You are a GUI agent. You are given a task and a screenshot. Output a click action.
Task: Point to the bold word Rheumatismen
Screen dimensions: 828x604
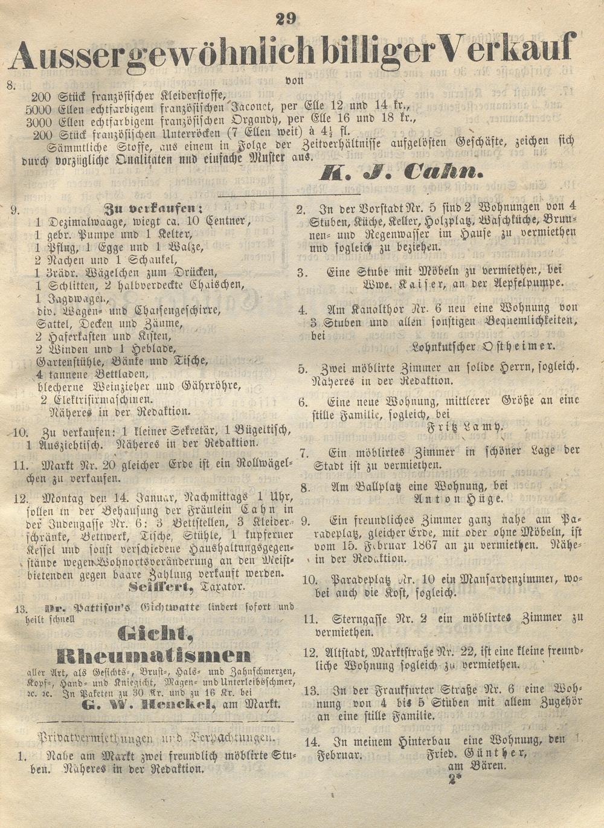(153, 656)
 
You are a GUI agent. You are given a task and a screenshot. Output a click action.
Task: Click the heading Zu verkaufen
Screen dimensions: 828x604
(153, 208)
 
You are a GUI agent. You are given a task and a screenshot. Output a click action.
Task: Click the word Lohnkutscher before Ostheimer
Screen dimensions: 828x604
(442, 347)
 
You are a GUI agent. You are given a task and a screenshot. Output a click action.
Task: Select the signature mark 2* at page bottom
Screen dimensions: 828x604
(454, 779)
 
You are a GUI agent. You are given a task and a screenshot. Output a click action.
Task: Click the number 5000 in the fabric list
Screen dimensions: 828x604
(39, 109)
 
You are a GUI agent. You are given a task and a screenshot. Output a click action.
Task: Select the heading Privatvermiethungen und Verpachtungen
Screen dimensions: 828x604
(156, 737)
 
